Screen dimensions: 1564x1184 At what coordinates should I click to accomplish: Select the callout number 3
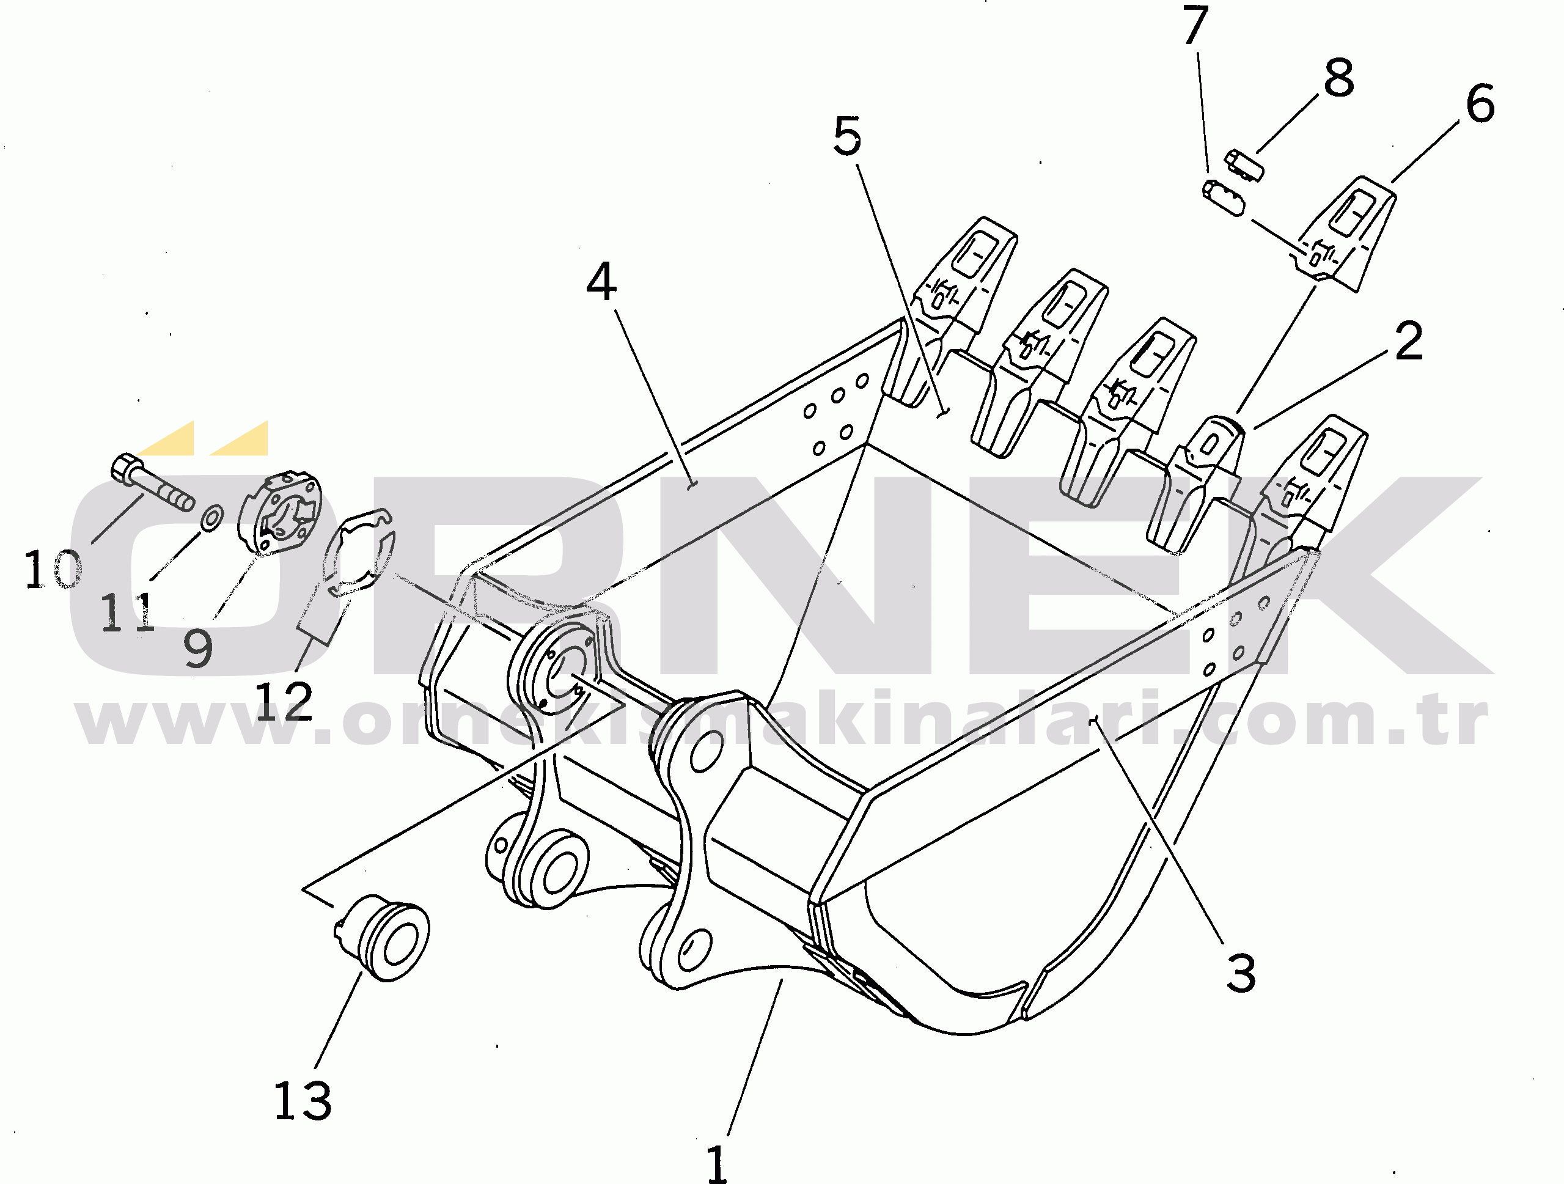coord(1241,974)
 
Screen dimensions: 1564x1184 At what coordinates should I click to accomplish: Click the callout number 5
coord(847,136)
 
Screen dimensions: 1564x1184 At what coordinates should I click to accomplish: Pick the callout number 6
coord(1480,104)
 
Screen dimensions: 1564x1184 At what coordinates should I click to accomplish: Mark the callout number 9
coord(198,648)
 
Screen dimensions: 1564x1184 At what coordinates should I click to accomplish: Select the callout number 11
coord(127,612)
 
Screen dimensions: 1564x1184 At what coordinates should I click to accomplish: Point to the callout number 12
coord(284,701)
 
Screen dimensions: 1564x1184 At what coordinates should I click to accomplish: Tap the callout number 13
coord(303,1100)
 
